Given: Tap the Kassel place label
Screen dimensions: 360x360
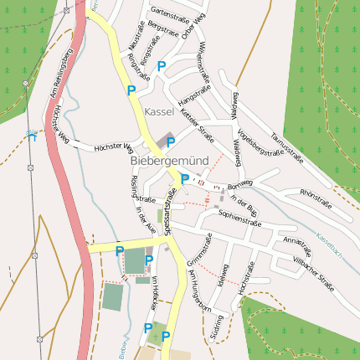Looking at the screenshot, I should pyautogui.click(x=159, y=111).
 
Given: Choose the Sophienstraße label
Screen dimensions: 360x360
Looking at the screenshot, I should pyautogui.click(x=240, y=219).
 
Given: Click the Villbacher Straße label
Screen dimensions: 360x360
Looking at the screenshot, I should pyautogui.click(x=314, y=275).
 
